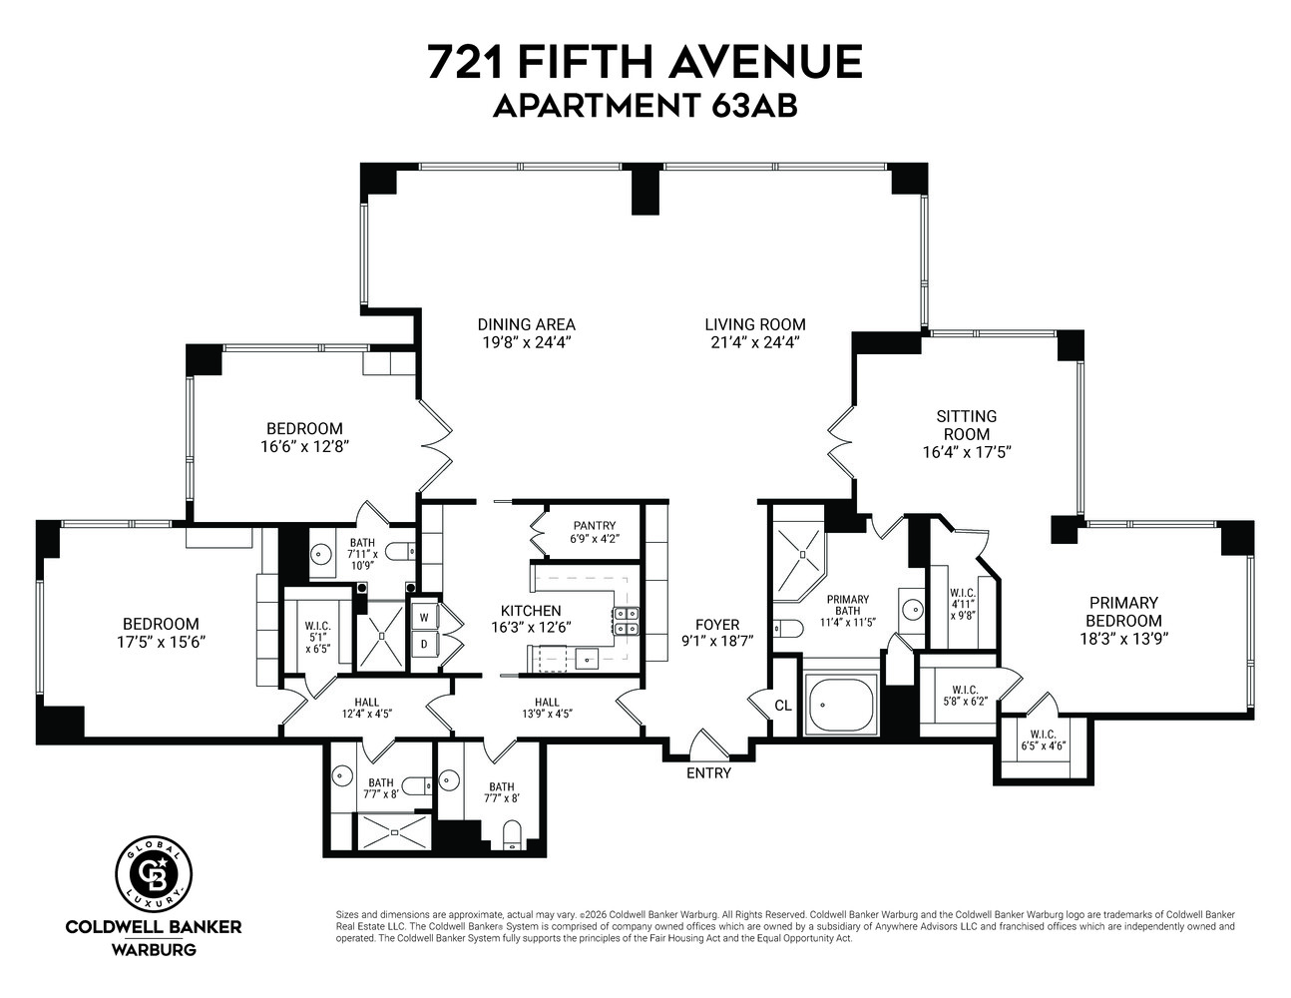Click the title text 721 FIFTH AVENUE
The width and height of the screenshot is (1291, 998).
[x=645, y=62]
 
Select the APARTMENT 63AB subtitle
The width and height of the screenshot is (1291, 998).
[x=645, y=106]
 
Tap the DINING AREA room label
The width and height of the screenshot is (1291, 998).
[x=526, y=324]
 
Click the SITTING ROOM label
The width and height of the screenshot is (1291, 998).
[x=966, y=425]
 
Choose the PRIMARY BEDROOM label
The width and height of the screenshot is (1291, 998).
[x=1122, y=612]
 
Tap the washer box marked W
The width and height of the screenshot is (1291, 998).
[x=424, y=618]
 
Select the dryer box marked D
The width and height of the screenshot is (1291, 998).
[x=424, y=644]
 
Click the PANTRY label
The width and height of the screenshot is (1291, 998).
[x=594, y=526]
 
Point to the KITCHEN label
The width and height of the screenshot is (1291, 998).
[x=530, y=611]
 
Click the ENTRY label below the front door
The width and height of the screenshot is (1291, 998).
[x=708, y=773]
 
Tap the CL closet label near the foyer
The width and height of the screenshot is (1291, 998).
[x=783, y=706]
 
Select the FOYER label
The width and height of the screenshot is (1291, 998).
[x=716, y=625]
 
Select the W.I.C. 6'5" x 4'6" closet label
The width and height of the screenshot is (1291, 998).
[x=1043, y=741]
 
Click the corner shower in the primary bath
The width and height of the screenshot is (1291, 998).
[x=800, y=550]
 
